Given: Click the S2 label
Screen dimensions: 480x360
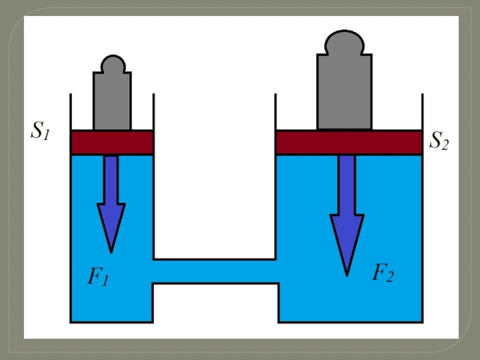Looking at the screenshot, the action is pos(439,140).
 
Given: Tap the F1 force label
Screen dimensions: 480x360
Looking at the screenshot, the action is pos(98,277).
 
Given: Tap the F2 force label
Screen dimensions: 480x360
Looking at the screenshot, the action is pos(383,272).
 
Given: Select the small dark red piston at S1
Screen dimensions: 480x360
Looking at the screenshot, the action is pos(112,142).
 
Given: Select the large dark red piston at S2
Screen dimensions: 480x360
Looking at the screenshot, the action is pos(349,142).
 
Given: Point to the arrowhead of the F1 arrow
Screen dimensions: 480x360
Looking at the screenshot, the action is pos(111,228).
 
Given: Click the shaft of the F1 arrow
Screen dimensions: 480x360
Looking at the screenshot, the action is pos(111,179).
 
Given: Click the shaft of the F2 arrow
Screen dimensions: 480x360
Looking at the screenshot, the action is pos(347,185).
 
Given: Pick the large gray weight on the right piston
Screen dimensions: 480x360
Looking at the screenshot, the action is pos(344,80).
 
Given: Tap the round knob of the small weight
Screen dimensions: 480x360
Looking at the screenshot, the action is pos(113,64).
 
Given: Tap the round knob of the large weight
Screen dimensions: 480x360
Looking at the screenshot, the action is pos(344,42).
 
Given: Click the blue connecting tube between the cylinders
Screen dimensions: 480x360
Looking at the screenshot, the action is pos(215,271).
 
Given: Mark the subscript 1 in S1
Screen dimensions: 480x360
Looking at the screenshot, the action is pos(46,135).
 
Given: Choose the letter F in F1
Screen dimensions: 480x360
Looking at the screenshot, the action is pos(94,275).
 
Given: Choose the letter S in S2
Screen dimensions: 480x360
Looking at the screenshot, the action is pos(434,140).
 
